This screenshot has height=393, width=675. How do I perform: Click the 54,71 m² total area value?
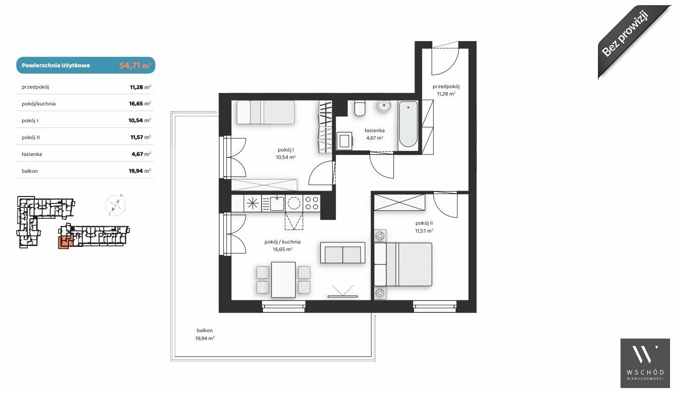pos(135,65)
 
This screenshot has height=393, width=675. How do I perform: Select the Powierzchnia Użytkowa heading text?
pos(56,65)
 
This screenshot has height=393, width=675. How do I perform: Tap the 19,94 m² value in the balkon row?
pos(140,171)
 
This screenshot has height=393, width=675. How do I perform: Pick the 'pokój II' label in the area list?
pos(31,137)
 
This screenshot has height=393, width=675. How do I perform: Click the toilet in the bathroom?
pos(360,108)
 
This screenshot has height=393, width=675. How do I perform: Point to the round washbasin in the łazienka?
pos(384,106)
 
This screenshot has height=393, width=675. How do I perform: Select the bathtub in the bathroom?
pos(408,124)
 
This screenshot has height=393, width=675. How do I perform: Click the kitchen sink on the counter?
pos(277,203)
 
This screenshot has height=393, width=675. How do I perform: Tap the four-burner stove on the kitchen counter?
pos(312,203)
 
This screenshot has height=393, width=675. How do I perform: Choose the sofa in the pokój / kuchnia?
pos(343,252)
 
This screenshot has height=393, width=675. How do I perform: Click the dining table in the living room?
pos(283,280)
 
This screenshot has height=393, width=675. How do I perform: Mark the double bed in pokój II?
pos(403,264)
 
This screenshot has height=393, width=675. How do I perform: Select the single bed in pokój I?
pos(265,112)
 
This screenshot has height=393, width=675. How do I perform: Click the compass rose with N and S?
pos(115,205)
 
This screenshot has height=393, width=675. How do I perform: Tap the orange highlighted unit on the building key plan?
pos(65,242)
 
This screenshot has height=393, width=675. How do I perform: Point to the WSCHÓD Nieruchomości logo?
pos(645,363)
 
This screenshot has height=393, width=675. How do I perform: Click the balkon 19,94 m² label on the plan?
pos(205,334)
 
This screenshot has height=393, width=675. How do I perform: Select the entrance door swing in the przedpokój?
pos(445,59)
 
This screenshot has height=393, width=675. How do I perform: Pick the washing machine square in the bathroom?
pos(344,141)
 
